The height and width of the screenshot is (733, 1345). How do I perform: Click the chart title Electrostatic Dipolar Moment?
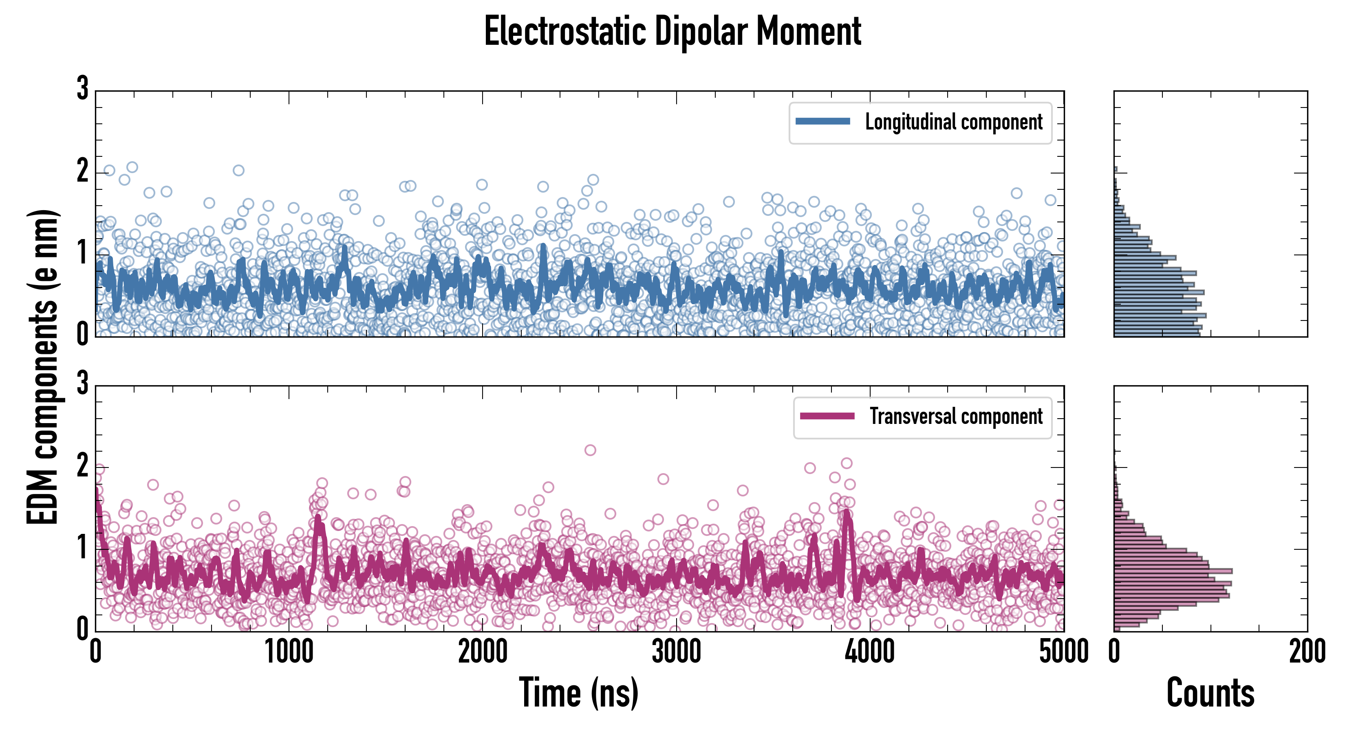pyautogui.click(x=672, y=31)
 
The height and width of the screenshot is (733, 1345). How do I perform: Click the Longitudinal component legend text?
pyautogui.click(x=953, y=122)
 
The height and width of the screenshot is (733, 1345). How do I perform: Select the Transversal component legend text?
pyautogui.click(x=955, y=416)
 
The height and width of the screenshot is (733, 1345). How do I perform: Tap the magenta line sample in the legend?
pyautogui.click(x=827, y=416)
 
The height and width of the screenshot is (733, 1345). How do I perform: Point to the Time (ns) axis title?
pyautogui.click(x=578, y=692)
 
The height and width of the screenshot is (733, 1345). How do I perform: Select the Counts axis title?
pyautogui.click(x=1210, y=692)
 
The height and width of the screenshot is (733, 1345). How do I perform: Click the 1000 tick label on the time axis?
pyautogui.click(x=289, y=652)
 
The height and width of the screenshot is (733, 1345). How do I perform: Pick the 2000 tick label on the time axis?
pyautogui.click(x=483, y=652)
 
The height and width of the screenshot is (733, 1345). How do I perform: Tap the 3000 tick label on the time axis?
pyautogui.click(x=676, y=652)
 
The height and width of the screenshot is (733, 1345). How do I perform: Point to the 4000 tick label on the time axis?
pyautogui.click(x=870, y=652)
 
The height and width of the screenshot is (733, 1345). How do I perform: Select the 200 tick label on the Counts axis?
pyautogui.click(x=1307, y=652)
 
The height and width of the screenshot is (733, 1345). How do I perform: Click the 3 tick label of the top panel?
pyautogui.click(x=82, y=89)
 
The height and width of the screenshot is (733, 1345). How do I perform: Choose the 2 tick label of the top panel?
pyautogui.click(x=82, y=171)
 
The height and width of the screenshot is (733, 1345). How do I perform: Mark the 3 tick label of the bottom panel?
pyautogui.click(x=82, y=384)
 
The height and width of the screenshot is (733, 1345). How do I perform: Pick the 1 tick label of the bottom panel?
pyautogui.click(x=82, y=547)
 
